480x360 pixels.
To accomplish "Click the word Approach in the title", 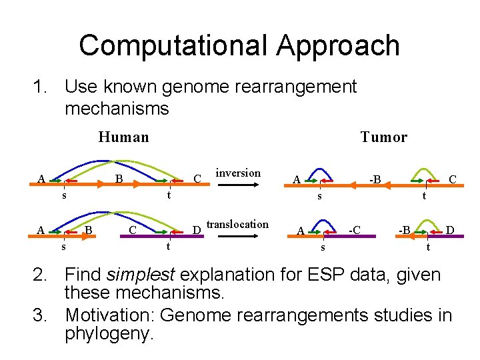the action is coord(339,45).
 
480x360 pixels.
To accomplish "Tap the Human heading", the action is coord(123,137).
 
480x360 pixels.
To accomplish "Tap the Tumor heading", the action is coord(383,137).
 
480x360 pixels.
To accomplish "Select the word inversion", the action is coord(238,173).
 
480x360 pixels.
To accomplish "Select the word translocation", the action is coord(238,224).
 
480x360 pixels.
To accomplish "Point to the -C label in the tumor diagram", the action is coord(355,230).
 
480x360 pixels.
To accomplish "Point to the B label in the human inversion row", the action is coord(119,179).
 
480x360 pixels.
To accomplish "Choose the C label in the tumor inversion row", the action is coord(452,179).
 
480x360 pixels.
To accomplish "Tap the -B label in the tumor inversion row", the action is coord(375,179).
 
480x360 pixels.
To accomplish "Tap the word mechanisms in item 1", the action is coord(117,107).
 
